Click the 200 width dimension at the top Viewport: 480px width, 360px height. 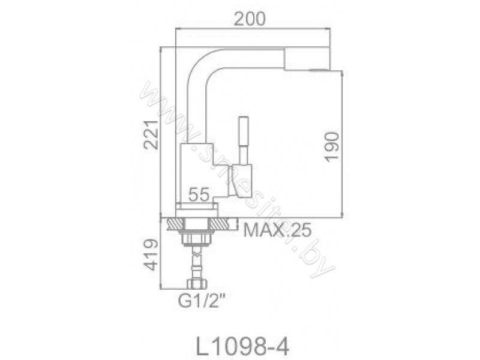click(250, 19)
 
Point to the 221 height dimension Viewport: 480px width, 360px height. click(151, 135)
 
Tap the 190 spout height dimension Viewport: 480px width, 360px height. click(332, 146)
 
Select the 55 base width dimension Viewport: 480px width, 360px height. click(199, 194)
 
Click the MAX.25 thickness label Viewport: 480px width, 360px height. click(277, 230)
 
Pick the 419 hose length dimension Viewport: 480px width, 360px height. click(151, 255)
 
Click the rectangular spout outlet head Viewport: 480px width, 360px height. click(307, 59)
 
